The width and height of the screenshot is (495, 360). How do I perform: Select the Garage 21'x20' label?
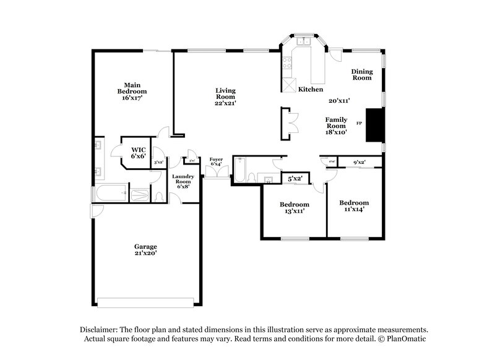point(147,249)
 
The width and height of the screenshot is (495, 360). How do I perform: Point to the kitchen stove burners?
point(287,62)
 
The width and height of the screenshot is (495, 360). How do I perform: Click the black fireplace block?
point(374,126)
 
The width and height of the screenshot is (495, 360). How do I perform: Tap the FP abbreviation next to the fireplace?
point(359,124)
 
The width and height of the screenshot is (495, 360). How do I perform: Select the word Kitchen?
point(311,89)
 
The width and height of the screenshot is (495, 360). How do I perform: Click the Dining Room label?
point(362,75)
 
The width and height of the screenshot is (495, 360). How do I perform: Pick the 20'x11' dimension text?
point(340,100)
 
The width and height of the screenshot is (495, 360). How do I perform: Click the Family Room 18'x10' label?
point(336,125)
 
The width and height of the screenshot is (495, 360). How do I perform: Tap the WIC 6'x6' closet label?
point(137,153)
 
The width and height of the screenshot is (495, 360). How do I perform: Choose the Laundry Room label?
point(183,181)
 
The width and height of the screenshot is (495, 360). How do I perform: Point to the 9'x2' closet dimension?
point(359,163)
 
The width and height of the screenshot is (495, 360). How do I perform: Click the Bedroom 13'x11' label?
point(294,208)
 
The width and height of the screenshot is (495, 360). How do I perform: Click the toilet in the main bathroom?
point(159,196)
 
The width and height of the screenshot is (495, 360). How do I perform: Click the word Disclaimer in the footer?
point(101,330)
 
